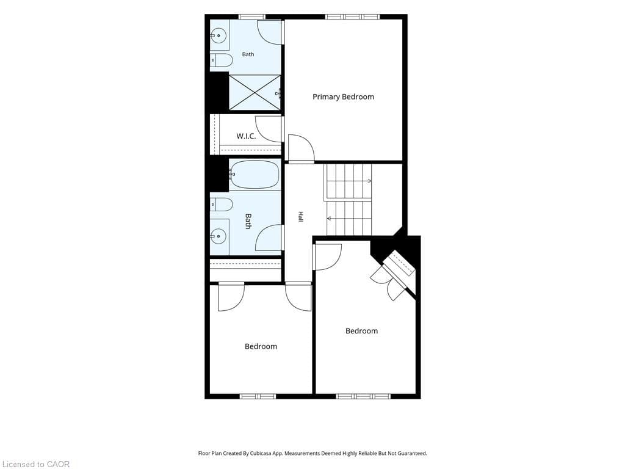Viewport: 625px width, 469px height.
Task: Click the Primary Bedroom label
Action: [x=343, y=97]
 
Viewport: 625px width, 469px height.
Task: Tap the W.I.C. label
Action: [x=246, y=136]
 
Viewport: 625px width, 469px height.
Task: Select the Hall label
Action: [x=300, y=217]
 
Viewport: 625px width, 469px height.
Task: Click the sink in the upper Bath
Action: [x=219, y=36]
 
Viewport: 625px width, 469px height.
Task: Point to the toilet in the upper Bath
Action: [x=221, y=60]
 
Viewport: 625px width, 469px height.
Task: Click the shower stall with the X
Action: [x=255, y=92]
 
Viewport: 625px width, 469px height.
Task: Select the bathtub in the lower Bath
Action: [x=255, y=174]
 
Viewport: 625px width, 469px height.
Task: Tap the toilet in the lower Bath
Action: [x=221, y=205]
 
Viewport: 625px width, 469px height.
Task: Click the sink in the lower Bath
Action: [x=219, y=236]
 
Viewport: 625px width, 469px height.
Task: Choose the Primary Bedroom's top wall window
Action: [x=352, y=16]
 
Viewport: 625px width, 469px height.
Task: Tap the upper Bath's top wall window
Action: [x=252, y=16]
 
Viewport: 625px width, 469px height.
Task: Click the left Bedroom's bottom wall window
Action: [x=258, y=396]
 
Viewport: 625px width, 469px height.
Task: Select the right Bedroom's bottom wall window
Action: [x=363, y=396]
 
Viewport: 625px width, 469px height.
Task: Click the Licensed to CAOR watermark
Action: [x=35, y=464]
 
